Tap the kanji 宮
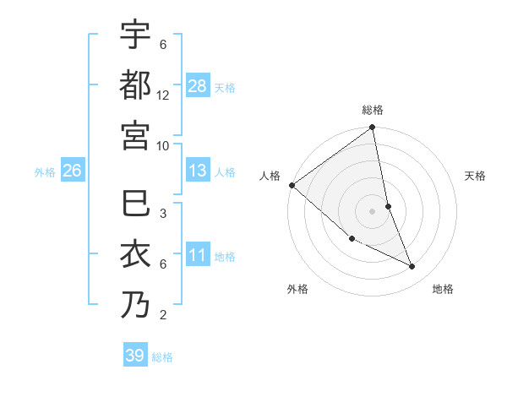[x=135, y=134]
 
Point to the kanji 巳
[x=135, y=204]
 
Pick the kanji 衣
[x=135, y=254]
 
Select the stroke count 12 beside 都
[x=163, y=95]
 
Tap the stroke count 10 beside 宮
[x=163, y=145]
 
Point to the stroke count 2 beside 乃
[x=162, y=316]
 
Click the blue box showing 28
[x=198, y=86]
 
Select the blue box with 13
[x=198, y=171]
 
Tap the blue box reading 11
[x=198, y=255]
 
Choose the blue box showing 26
[x=72, y=171]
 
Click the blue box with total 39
[x=134, y=356]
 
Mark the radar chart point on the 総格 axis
[x=372, y=128]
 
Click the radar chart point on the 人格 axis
[x=292, y=185]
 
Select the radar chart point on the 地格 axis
[x=412, y=267]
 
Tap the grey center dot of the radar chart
[x=372, y=211]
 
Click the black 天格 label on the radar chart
[x=476, y=176]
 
